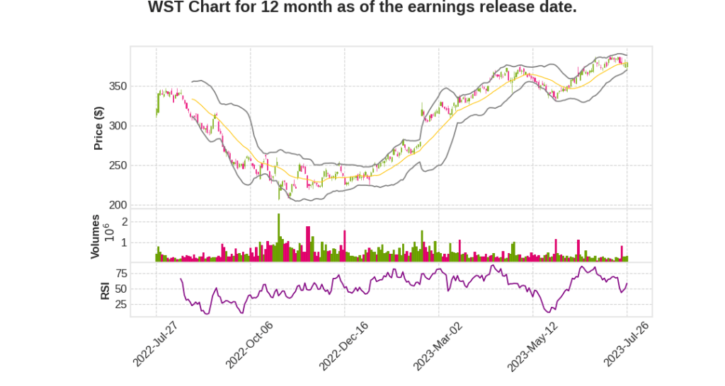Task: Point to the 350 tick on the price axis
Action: (118, 86)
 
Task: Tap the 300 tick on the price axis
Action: (118, 126)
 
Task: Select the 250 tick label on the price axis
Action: (118, 165)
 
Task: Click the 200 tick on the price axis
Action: (118, 205)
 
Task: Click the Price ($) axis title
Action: (99, 128)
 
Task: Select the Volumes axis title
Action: (96, 236)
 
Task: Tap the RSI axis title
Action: (104, 290)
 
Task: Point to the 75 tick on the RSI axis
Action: (121, 273)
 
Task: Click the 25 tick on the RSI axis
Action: (121, 305)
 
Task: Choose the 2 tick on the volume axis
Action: (124, 221)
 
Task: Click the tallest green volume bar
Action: (279, 238)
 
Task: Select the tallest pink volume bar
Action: (308, 244)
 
